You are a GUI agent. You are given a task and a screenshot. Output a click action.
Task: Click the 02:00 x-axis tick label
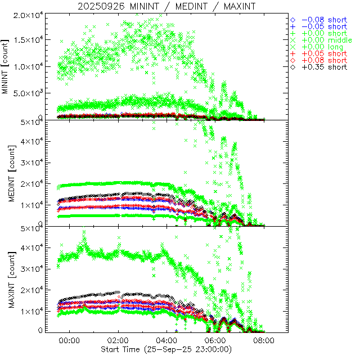click(x=118, y=341)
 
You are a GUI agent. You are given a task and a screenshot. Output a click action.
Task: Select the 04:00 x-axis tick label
click(x=167, y=341)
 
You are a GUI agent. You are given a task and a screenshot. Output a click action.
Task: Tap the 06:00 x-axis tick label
click(x=215, y=341)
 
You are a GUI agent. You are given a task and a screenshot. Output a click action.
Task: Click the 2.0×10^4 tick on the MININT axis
click(x=30, y=15)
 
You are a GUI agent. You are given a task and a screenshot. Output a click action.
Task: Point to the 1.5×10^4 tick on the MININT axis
click(x=30, y=40)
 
